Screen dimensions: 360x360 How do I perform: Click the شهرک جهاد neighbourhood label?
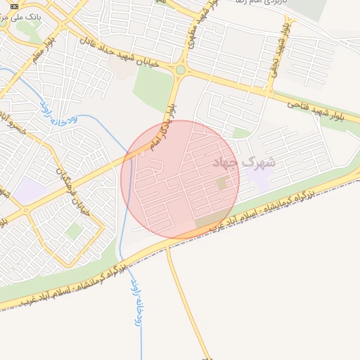click(245, 162)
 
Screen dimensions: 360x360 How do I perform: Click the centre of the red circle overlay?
click(181, 179)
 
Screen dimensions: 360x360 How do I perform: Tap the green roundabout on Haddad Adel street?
click(181, 70)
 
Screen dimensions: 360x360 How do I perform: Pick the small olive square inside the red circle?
click(222, 184)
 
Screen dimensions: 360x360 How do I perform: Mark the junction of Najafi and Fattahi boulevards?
click(269, 91)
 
